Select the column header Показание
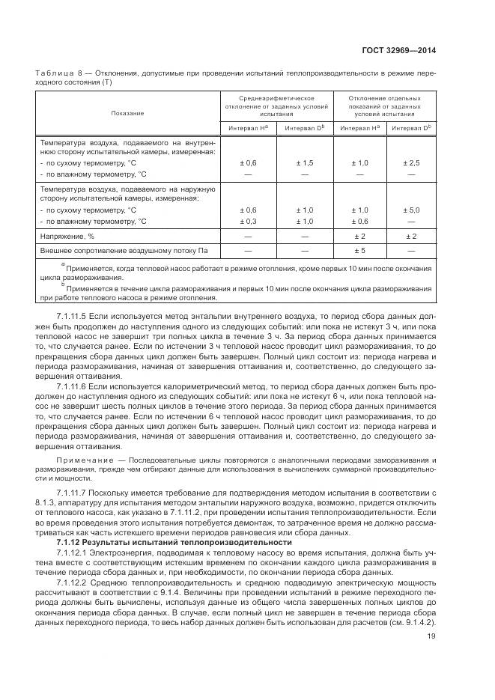pyautogui.click(x=127, y=113)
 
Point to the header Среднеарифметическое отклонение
pyautogui.click(x=276, y=106)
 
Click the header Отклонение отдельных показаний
pyautogui.click(x=384, y=106)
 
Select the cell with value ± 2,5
pyautogui.click(x=412, y=162)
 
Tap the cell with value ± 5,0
pyautogui.click(x=412, y=210)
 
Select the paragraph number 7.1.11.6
pyautogui.click(x=73, y=385)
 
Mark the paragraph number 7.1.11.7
pyautogui.click(x=73, y=492)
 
